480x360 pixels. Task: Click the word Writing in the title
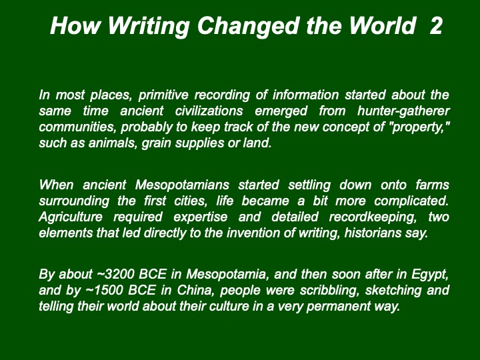(149, 26)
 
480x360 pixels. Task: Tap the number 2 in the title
(436, 25)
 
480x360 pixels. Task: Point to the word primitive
(163, 95)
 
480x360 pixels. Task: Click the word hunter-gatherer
(403, 111)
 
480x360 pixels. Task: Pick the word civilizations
(209, 111)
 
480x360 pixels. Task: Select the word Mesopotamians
(182, 185)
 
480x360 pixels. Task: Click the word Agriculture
(71, 217)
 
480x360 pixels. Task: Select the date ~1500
(105, 290)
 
